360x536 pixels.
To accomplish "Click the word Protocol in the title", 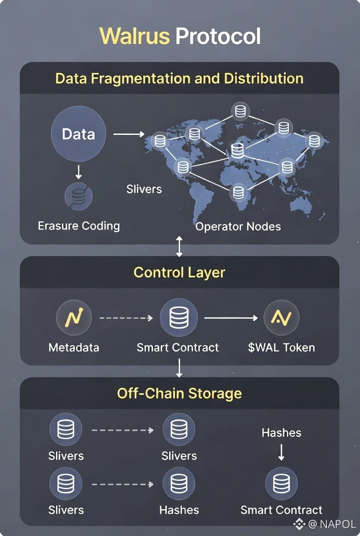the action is pos(218,36).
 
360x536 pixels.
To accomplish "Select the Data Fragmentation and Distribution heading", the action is pos(179,78).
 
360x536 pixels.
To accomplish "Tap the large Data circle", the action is pos(79,134).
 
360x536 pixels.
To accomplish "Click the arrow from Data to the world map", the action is pos(129,134).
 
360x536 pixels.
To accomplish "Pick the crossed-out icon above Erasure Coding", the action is pos(79,196).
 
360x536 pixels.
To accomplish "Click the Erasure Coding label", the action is pos(79,226).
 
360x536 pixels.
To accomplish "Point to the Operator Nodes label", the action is pos(238,226).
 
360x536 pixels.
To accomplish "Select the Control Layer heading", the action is pos(179,273).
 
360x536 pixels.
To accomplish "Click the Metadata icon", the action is pos(73,317).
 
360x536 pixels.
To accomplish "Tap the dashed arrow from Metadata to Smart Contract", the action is pos(126,318).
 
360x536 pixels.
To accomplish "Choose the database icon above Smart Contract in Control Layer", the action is pos(179,318).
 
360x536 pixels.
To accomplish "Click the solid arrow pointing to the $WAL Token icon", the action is pos(231,318).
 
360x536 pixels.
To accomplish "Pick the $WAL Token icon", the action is pos(281,317).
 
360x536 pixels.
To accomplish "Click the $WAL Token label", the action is pos(281,347).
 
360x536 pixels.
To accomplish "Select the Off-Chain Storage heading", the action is pos(179,393).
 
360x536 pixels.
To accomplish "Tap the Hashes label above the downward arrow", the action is pos(281,433).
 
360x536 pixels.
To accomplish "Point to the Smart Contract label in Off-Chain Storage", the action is pos(281,510).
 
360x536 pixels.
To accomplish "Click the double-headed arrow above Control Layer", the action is pos(179,247).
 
